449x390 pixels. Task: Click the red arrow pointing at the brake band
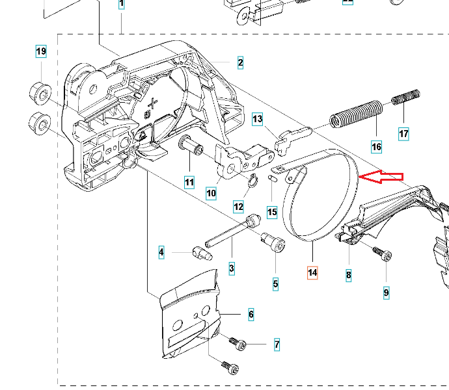(x=382, y=177)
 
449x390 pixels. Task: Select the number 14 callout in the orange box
(x=313, y=273)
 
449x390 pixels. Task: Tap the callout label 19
(x=41, y=51)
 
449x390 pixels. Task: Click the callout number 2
(x=240, y=63)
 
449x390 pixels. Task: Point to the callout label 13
(x=258, y=119)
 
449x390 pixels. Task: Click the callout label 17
(x=403, y=135)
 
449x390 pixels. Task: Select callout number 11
(x=189, y=183)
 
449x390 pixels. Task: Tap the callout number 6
(x=251, y=315)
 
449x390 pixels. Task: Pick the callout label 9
(x=386, y=293)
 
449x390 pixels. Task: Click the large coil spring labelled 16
(x=355, y=114)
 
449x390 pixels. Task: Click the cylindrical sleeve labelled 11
(x=193, y=146)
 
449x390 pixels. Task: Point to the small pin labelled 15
(x=272, y=177)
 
